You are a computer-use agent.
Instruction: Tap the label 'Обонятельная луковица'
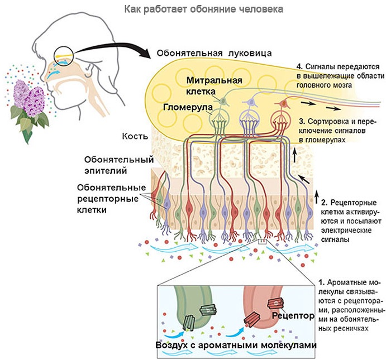[x=215, y=54]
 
